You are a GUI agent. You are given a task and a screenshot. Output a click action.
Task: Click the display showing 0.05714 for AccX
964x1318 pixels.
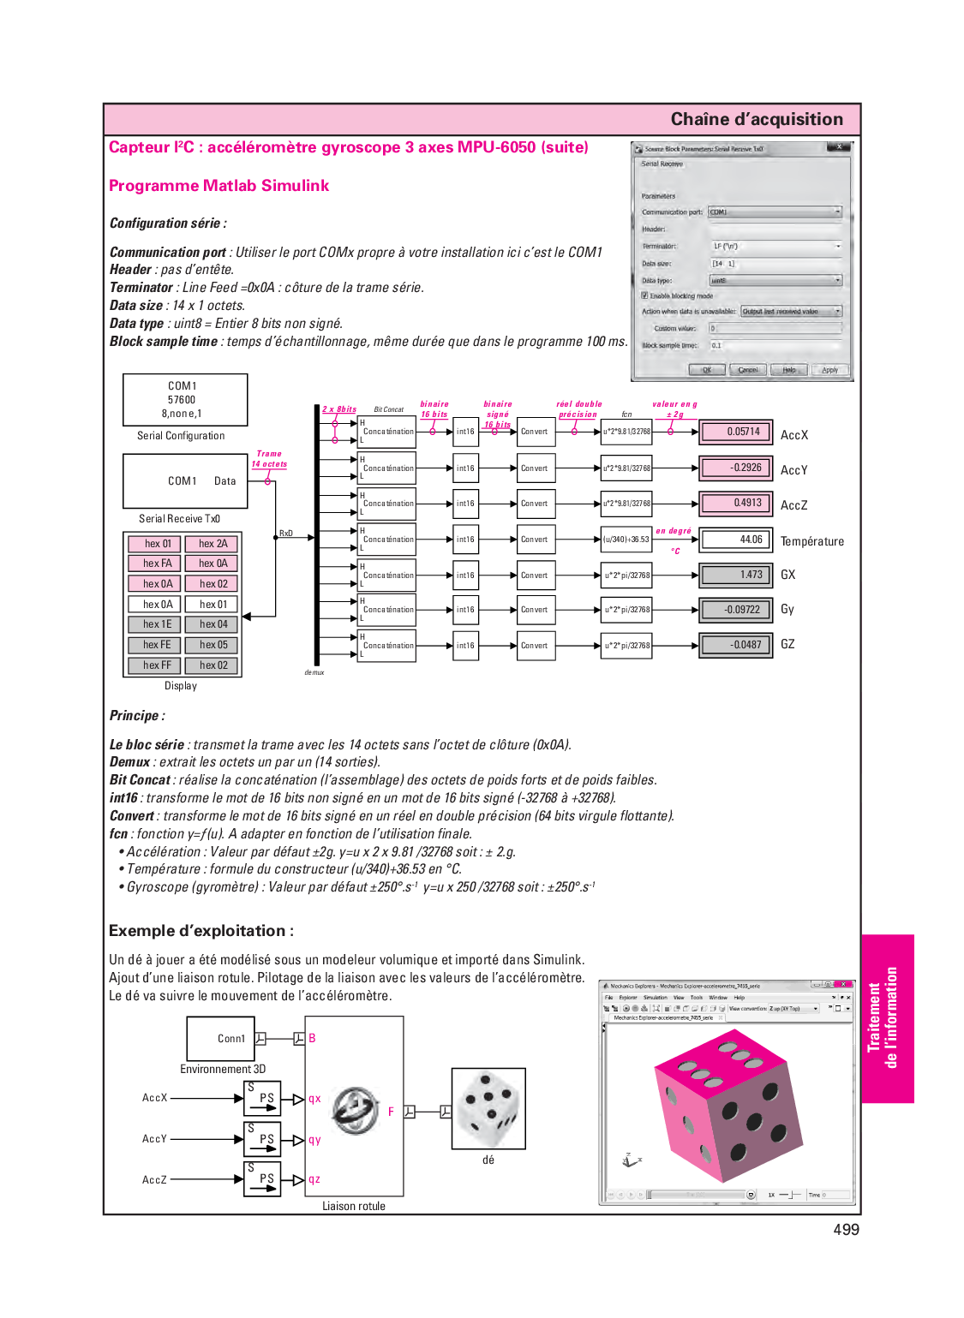[x=735, y=432]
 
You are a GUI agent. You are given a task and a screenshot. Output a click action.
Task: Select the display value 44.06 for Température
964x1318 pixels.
[x=735, y=540]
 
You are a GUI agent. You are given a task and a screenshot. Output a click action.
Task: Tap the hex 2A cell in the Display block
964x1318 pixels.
[x=213, y=544]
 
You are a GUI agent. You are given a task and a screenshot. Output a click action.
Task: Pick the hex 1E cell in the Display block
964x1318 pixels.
[x=157, y=624]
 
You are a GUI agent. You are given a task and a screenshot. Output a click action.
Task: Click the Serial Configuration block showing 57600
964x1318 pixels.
[x=184, y=400]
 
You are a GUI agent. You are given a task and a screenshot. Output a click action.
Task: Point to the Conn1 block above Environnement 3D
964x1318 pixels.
[x=221, y=1038]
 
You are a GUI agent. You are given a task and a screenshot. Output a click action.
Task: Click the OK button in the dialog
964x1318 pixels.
[x=706, y=370]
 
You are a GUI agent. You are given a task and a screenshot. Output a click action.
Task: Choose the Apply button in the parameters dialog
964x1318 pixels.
[x=829, y=370]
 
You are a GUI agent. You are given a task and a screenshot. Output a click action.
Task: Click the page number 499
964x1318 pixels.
[x=846, y=1230]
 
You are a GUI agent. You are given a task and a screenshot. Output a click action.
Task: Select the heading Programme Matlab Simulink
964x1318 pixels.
[x=219, y=186]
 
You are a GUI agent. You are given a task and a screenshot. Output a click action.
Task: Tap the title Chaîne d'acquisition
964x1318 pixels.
[x=757, y=119]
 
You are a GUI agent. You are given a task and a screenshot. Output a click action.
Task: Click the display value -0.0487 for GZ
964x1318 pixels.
[x=735, y=645]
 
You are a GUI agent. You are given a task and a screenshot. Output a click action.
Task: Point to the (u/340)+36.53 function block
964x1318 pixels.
[x=626, y=540]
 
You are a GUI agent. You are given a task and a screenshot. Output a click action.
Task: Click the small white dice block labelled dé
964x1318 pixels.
[x=488, y=1108]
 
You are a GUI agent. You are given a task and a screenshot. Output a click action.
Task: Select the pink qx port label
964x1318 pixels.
[x=314, y=1099]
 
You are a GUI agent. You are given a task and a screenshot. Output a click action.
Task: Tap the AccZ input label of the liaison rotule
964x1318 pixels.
[x=154, y=1179]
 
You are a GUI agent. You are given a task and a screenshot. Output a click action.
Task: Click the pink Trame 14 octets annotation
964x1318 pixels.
[x=269, y=459]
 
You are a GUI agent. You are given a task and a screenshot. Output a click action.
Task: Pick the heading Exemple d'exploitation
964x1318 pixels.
[x=201, y=931]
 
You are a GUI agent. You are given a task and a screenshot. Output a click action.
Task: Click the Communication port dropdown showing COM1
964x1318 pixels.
[x=775, y=212]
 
